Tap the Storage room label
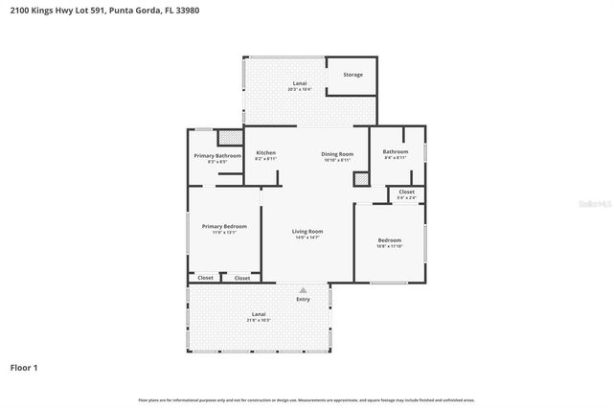click(x=352, y=74)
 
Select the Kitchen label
click(x=265, y=153)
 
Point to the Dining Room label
click(x=337, y=153)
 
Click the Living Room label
click(x=307, y=231)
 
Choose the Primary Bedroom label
click(x=224, y=226)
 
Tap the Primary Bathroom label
click(x=217, y=155)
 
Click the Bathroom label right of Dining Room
click(x=396, y=151)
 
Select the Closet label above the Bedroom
click(x=406, y=192)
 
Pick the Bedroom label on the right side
click(x=389, y=239)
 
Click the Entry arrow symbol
click(x=304, y=290)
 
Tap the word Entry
click(x=304, y=299)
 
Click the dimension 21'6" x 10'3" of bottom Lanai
click(x=259, y=320)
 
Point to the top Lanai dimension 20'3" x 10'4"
click(x=300, y=89)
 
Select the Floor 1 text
click(x=24, y=367)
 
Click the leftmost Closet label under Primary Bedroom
click(x=205, y=278)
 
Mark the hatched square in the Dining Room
click(x=360, y=177)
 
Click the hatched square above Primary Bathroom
click(x=228, y=136)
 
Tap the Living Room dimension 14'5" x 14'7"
click(x=307, y=238)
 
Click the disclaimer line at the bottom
click(x=306, y=399)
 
